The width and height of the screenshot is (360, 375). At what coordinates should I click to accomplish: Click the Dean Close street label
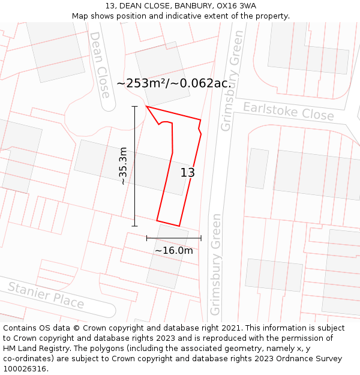point(100,65)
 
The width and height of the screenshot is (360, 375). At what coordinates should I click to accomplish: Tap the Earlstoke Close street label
point(288,111)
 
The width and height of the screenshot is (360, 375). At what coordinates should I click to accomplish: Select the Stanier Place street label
point(46,295)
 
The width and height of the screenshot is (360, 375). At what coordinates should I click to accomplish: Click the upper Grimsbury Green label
point(232,89)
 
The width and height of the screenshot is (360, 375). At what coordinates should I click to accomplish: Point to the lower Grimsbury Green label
point(216,264)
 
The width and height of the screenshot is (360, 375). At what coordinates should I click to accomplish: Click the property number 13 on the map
point(188,173)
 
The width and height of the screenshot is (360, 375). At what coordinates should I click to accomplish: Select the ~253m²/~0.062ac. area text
point(173,83)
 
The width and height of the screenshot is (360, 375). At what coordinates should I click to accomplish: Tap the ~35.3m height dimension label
point(123,166)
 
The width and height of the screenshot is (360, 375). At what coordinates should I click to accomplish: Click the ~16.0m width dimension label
point(174,250)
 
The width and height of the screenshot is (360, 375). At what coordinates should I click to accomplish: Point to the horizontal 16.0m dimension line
point(174,238)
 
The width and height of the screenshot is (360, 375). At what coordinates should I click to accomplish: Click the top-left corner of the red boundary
point(146,107)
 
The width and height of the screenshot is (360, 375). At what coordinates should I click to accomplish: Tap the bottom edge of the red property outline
point(168,223)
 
